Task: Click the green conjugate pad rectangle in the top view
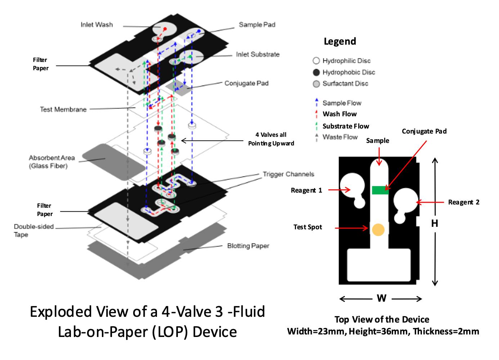point(380,190)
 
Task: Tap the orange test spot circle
point(378,229)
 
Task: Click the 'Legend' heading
point(340,41)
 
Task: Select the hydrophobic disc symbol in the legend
point(316,72)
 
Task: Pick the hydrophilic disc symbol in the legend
point(316,61)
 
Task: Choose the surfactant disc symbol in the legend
point(316,84)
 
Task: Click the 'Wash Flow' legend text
point(340,114)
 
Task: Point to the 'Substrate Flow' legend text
point(346,126)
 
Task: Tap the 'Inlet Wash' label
point(96,25)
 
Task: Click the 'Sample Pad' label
point(257,25)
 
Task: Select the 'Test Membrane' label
point(63,109)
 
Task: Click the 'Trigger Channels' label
point(288,174)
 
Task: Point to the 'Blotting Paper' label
point(248,246)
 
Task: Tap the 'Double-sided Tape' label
point(33,230)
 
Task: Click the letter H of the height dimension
point(435,224)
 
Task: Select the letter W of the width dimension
point(382,298)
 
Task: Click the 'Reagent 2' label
point(464,202)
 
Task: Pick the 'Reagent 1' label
point(306,190)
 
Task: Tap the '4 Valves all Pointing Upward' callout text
point(271,139)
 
